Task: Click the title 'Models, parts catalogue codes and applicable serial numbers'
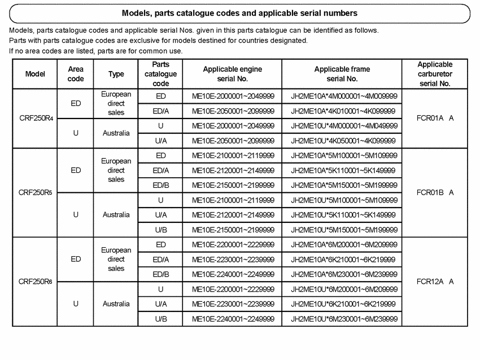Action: point(239,13)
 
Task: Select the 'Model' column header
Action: point(35,74)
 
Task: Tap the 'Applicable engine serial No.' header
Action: point(233,74)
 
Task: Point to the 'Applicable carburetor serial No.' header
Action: point(435,74)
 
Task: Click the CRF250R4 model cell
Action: point(35,118)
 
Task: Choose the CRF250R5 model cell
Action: point(35,192)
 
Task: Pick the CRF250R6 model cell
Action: point(35,282)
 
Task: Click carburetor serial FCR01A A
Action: point(435,118)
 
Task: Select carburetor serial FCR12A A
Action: point(435,282)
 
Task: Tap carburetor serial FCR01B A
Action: point(435,192)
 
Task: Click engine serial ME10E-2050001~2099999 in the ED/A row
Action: point(233,111)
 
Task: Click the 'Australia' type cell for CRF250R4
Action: point(116,134)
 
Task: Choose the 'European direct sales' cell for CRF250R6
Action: point(116,259)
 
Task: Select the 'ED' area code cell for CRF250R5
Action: point(76,170)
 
